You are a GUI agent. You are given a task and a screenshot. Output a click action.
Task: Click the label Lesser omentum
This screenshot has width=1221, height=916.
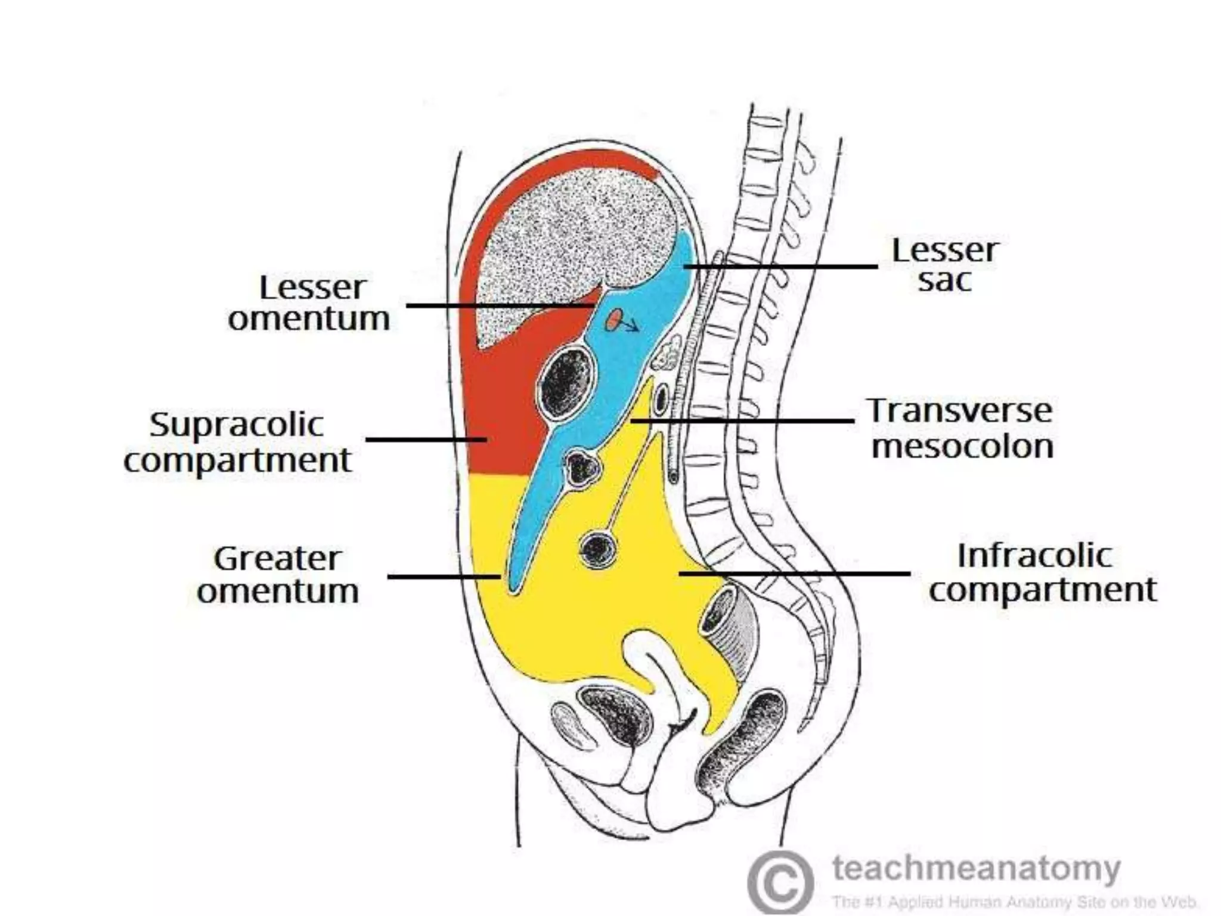(x=309, y=303)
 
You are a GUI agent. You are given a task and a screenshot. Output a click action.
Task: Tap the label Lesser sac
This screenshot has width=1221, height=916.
(x=944, y=265)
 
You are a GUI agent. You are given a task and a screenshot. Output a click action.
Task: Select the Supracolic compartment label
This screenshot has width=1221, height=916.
(x=237, y=442)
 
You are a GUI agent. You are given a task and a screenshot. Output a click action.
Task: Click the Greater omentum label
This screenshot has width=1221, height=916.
(x=278, y=575)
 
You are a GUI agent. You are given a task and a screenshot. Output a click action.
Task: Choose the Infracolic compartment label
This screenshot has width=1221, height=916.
(x=1042, y=572)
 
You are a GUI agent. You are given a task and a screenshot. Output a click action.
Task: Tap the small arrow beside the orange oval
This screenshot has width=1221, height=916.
(x=631, y=326)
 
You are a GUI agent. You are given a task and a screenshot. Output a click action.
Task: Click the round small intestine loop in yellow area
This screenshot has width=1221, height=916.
(x=598, y=549)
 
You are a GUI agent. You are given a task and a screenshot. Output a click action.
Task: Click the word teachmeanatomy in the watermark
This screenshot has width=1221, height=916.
(x=977, y=868)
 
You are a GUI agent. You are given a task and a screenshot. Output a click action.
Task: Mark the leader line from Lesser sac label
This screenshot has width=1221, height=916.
(x=781, y=266)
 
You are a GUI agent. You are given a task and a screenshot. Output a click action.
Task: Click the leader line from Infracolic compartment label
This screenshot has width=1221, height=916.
(x=793, y=574)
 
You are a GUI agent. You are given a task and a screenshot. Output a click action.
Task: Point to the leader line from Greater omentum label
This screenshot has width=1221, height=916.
(x=444, y=576)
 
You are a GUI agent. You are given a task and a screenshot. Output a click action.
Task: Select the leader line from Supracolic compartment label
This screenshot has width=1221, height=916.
(x=426, y=440)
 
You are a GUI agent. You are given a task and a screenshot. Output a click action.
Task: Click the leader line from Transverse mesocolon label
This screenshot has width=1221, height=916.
(x=742, y=421)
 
